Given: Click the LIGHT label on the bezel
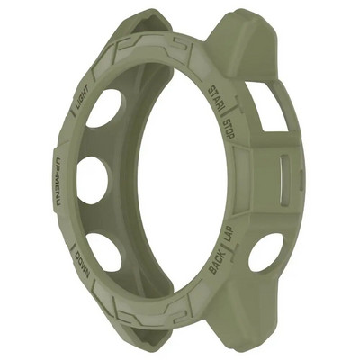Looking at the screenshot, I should click(80, 103).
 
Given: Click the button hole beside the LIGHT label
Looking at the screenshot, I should click(105, 108).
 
